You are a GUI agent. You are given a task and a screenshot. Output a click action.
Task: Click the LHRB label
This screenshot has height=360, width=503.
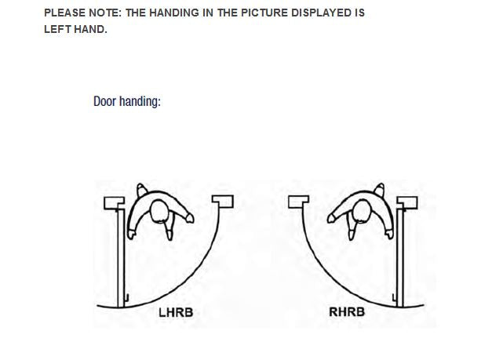[x=176, y=313]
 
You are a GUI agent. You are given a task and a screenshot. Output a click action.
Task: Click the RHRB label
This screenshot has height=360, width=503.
[x=347, y=312]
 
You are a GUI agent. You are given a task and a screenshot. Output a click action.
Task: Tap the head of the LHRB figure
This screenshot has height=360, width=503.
[x=159, y=211]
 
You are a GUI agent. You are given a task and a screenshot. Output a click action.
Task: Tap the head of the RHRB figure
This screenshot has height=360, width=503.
[x=363, y=211]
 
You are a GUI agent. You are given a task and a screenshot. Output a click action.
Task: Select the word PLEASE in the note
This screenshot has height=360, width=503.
[x=64, y=13]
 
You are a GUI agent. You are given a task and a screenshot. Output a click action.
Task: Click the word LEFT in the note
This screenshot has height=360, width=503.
[x=57, y=29]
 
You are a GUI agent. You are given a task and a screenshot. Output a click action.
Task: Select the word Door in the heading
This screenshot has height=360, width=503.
[x=104, y=101]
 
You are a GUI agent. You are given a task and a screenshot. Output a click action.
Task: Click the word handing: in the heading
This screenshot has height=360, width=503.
[x=140, y=102]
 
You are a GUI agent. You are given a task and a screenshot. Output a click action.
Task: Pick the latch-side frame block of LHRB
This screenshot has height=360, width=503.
[x=223, y=202]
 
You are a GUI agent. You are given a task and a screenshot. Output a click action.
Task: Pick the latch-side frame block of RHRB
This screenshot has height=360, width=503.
[x=299, y=202]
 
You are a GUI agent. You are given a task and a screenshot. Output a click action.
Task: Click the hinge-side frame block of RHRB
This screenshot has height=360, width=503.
[x=407, y=203]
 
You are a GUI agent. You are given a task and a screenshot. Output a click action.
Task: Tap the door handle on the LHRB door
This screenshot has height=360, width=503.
[x=126, y=298]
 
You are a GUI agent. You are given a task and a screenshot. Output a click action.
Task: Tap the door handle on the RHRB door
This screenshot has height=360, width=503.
[x=395, y=297]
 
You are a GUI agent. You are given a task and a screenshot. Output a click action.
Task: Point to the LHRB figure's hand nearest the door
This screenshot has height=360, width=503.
[x=131, y=234]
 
